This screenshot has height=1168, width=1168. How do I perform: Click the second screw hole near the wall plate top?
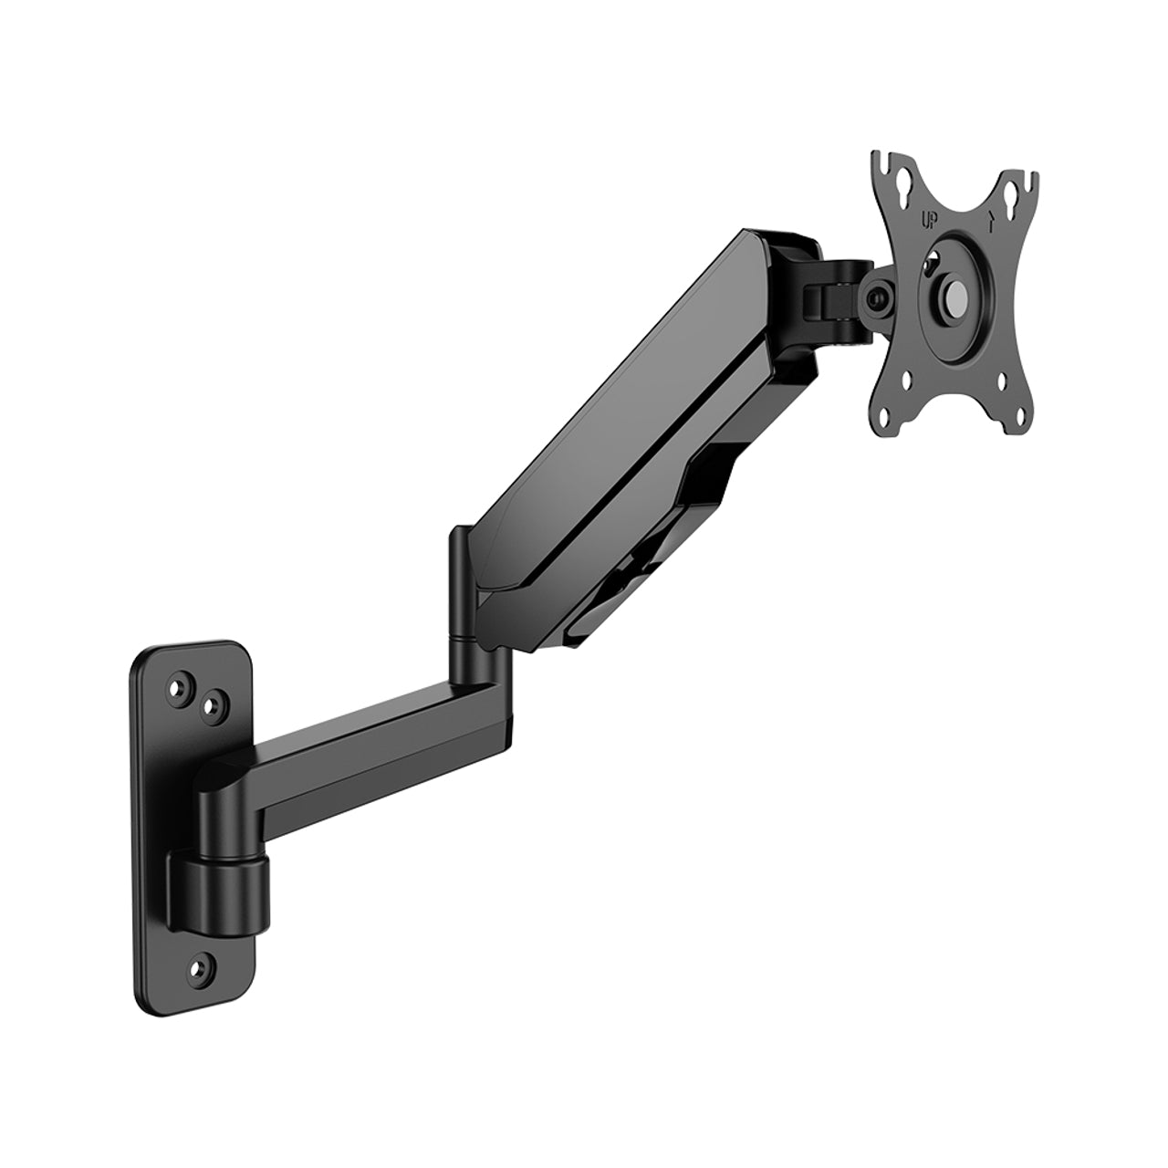pos(213,704)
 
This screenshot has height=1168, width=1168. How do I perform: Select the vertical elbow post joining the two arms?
pos(461,593)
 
